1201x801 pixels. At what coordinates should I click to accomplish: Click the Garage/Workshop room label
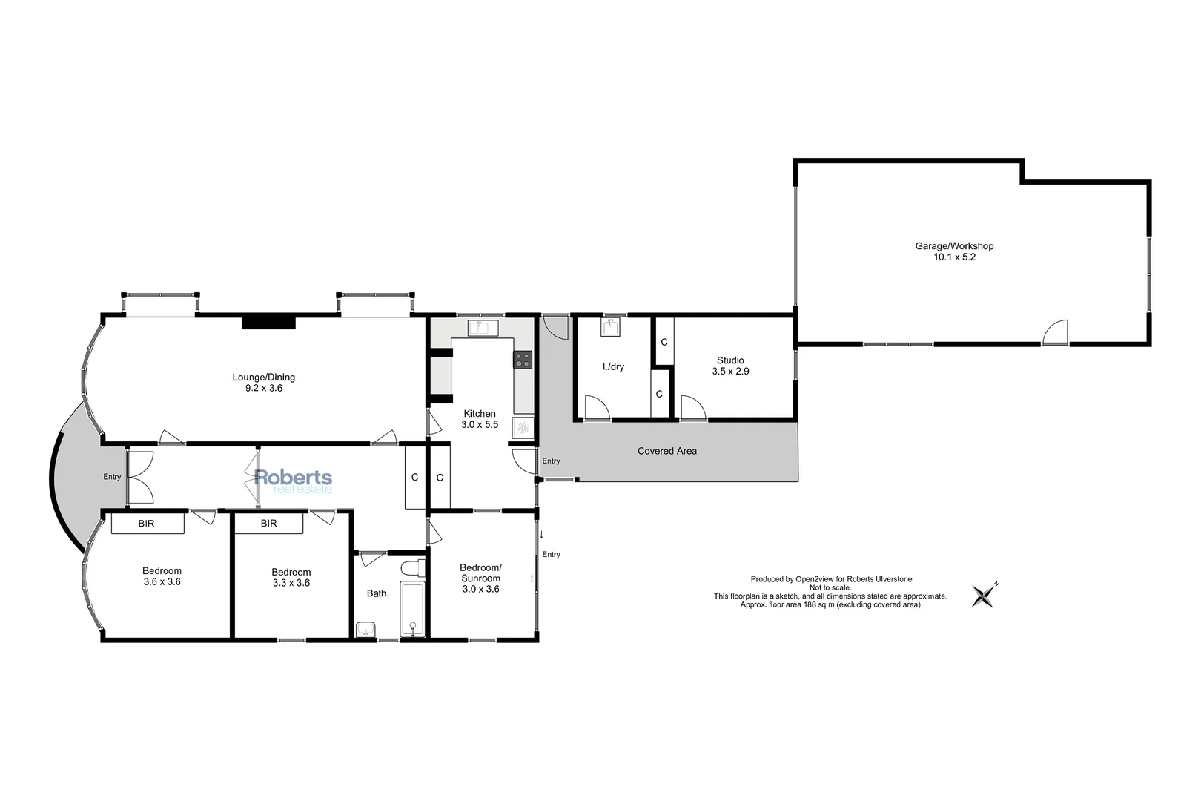[x=953, y=251]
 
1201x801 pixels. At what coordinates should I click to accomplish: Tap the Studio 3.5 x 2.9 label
[x=730, y=366]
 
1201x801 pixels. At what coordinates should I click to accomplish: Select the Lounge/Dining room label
[x=264, y=382]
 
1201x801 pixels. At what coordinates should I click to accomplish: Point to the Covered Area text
[x=666, y=451]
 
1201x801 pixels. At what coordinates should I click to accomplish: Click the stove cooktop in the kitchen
[x=523, y=360]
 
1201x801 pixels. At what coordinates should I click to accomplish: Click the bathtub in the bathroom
[x=411, y=609]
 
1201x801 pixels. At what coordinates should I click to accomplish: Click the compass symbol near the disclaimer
[x=985, y=595]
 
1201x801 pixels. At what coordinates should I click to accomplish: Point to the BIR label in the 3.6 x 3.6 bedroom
[x=147, y=524]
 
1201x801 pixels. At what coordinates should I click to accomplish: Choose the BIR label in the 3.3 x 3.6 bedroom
[x=268, y=524]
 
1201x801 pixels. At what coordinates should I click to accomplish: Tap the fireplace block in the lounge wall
[x=268, y=322]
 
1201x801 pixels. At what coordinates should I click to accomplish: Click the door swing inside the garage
[x=1056, y=333]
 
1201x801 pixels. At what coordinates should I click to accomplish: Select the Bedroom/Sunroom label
[x=480, y=578]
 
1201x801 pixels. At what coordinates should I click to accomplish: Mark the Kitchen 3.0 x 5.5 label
[x=480, y=419]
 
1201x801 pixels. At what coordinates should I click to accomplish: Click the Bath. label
[x=378, y=593]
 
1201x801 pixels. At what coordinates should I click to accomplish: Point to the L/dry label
[x=613, y=367]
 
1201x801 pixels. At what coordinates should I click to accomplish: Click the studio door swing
[x=692, y=409]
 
